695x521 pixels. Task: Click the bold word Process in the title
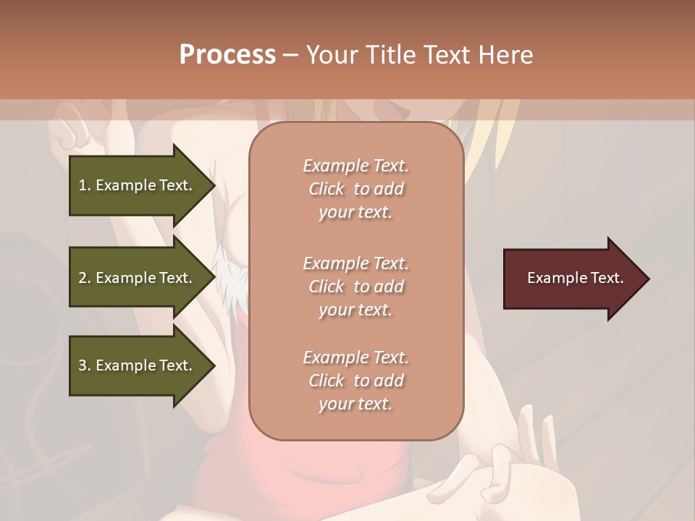coord(227,55)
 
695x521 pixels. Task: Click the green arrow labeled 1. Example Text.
coord(138,185)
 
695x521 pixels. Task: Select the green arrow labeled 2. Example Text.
coord(138,278)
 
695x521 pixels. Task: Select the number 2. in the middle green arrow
coord(85,278)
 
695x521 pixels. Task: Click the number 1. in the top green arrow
coord(84,185)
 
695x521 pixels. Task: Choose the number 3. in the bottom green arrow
coord(85,366)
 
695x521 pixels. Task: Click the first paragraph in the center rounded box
coord(355,189)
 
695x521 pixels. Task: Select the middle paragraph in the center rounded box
coord(355,287)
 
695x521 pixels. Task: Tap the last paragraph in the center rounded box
coord(355,381)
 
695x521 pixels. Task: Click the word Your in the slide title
coord(332,55)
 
